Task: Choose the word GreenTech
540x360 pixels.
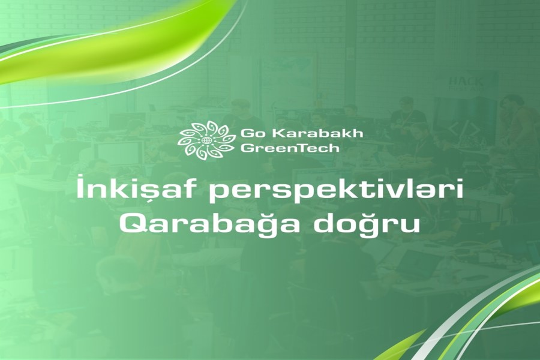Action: (x=290, y=148)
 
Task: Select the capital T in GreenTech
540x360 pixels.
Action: (x=304, y=148)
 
